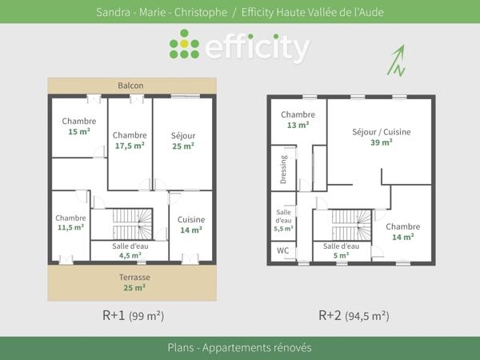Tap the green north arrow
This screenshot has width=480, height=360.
pos(397,60)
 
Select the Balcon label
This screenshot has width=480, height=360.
pos(130,86)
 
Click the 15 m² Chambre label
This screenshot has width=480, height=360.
pos(78,126)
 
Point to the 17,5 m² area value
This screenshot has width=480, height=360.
pos(130,146)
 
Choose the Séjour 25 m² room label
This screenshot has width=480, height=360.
pos(183,141)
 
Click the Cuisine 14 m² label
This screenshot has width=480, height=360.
pos(190,225)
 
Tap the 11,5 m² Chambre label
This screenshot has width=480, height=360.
pos(70,222)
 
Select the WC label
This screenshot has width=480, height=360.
pos(282,251)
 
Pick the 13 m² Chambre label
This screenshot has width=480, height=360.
pos(298,120)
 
